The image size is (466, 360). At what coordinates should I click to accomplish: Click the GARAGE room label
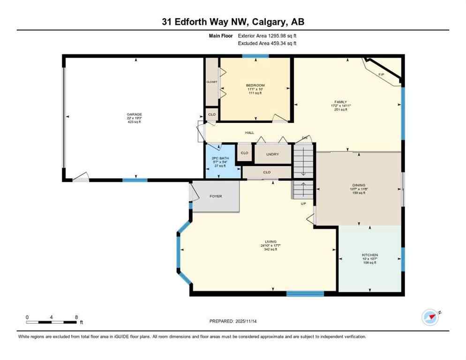pos(134,114)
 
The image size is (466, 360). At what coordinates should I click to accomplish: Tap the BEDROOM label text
pos(255,85)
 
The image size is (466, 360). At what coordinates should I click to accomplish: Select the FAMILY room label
pos(340,101)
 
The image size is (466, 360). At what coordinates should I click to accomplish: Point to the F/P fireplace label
pos(381,75)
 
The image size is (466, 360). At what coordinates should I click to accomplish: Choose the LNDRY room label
pos(272,154)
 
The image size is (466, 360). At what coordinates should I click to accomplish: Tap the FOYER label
pos(216,196)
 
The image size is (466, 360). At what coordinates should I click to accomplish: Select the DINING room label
pos(359,185)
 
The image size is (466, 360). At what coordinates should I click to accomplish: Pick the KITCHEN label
pos(370,255)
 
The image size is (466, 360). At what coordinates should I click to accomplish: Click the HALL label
pos(249,133)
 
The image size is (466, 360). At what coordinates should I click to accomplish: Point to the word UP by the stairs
pos(303,203)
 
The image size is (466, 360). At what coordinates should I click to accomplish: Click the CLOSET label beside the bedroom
pos(212,82)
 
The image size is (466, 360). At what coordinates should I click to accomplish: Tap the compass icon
pos(430,317)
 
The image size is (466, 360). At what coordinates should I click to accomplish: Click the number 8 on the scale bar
pos(76,317)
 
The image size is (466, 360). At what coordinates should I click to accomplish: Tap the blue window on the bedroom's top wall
pos(255,56)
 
